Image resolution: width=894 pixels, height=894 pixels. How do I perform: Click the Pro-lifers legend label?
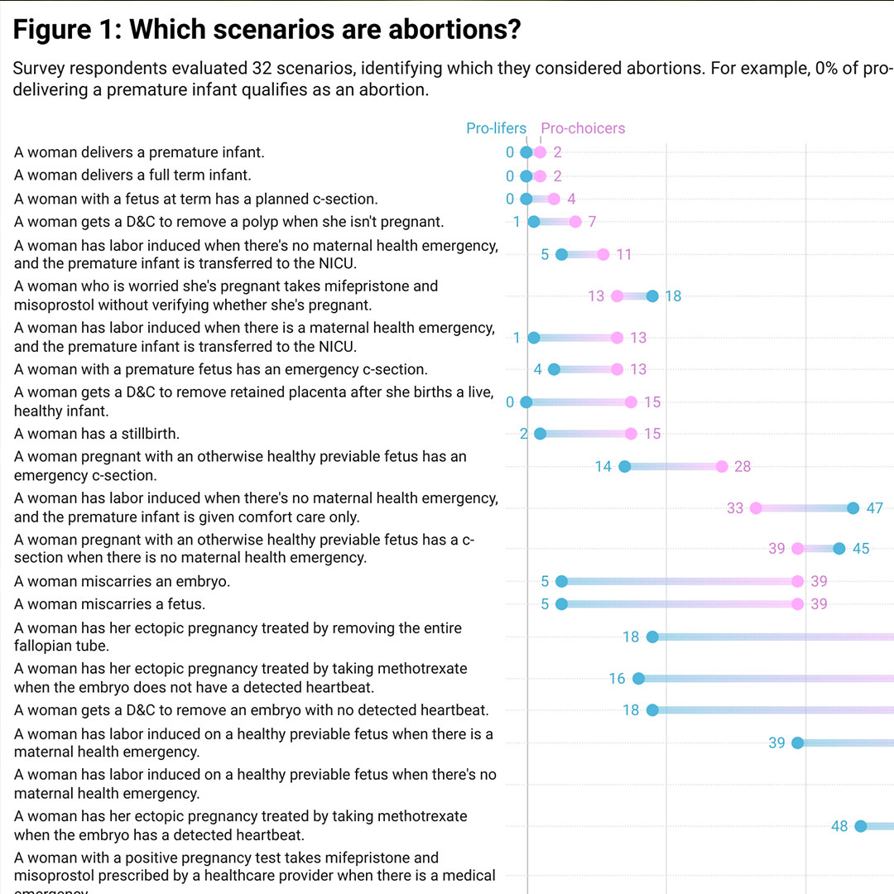(496, 128)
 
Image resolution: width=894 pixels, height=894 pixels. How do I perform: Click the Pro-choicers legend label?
(583, 128)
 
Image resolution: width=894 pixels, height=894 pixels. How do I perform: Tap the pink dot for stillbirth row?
(631, 434)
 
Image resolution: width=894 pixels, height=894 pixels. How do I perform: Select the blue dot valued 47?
(853, 508)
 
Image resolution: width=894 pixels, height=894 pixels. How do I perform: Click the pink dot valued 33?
(756, 508)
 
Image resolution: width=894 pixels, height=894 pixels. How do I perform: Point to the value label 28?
(743, 467)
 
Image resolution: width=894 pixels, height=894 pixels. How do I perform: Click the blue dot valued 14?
(625, 467)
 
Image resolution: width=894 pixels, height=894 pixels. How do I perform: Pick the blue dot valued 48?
(860, 826)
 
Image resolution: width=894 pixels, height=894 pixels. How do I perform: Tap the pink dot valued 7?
(575, 222)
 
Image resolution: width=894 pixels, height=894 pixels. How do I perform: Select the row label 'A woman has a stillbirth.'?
(97, 434)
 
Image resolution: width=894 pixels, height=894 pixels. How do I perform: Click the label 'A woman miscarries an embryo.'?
(122, 581)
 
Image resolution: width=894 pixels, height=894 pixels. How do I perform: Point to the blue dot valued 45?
(839, 548)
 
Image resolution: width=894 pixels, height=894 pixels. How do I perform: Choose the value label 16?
(617, 679)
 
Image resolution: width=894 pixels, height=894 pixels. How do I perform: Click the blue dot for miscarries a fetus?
(561, 604)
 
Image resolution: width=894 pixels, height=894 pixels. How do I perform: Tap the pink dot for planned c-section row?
(554, 199)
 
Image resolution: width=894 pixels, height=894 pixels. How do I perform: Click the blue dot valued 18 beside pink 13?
(652, 296)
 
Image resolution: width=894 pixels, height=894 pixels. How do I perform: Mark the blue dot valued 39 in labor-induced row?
(798, 743)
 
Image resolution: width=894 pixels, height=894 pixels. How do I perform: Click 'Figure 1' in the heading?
(64, 31)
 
